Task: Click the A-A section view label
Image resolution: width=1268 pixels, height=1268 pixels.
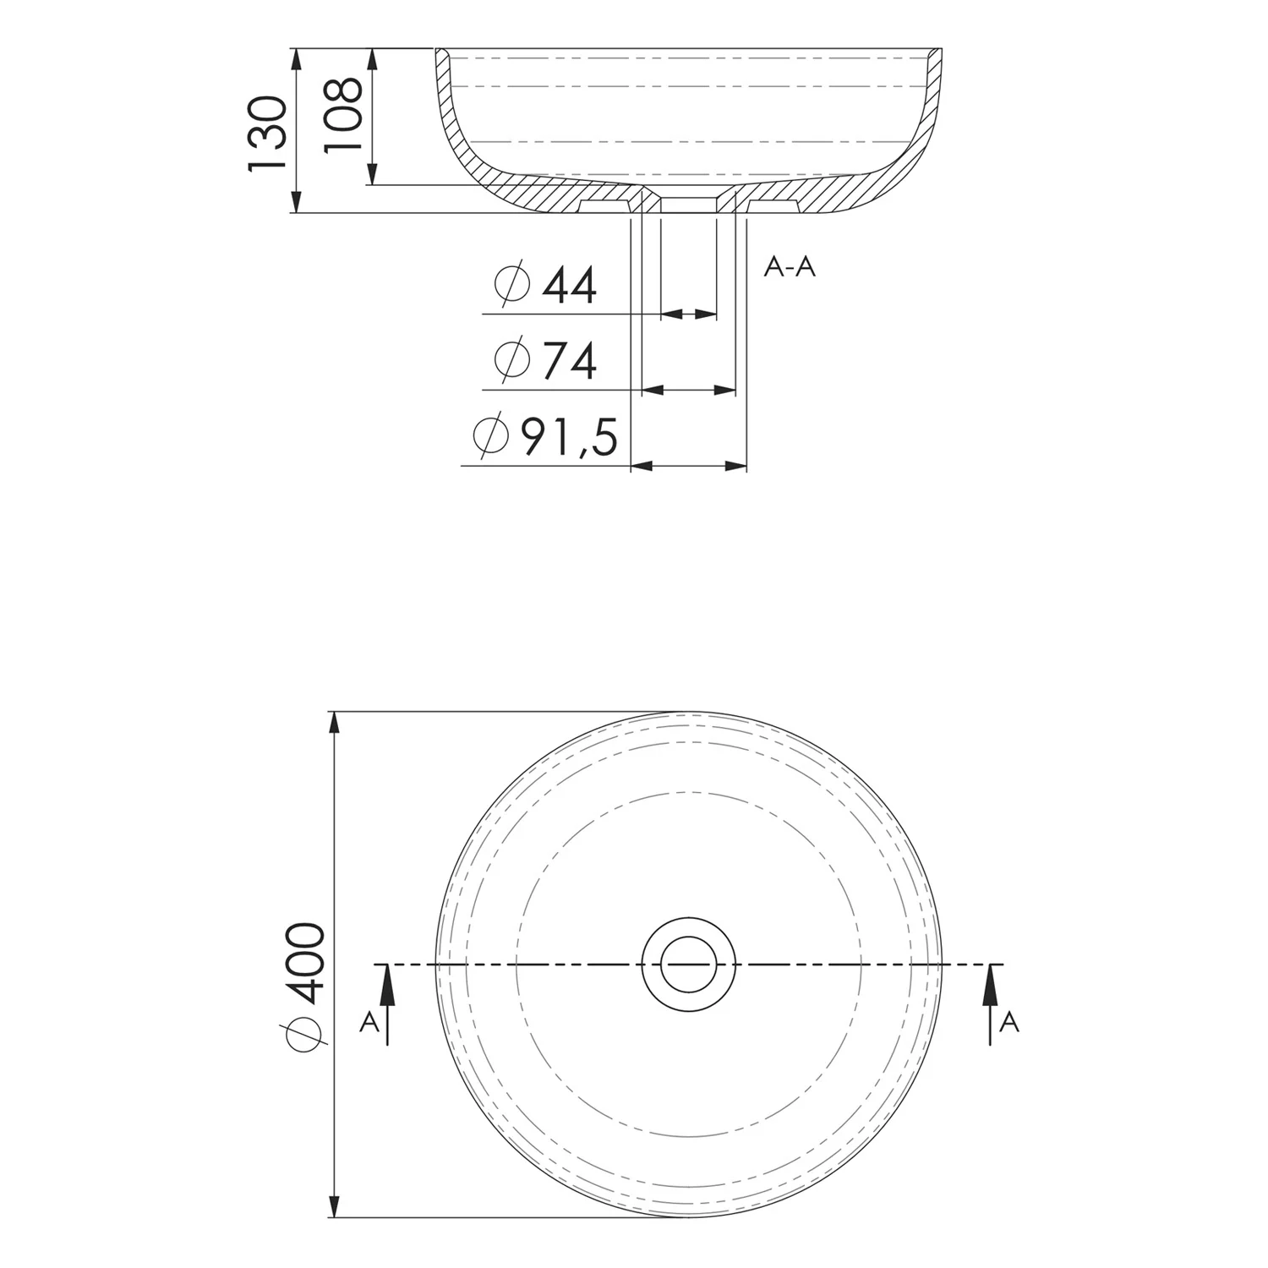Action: tap(790, 267)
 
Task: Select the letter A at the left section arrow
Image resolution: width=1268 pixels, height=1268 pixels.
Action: tap(369, 1023)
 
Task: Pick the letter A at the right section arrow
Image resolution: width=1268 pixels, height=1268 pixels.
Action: tap(1009, 1023)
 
